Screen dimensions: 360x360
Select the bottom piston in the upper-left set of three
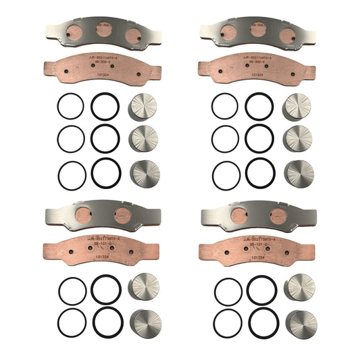point(143,173)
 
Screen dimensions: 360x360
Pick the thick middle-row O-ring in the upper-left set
point(105,138)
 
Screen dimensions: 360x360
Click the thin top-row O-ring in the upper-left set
point(70,106)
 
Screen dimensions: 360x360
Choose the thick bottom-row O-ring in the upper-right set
point(260,174)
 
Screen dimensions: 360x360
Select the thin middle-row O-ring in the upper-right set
point(225,139)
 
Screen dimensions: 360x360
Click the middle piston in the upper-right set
point(298,139)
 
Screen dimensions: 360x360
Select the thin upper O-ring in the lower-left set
point(72,291)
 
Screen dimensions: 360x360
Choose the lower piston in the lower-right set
point(301,324)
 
